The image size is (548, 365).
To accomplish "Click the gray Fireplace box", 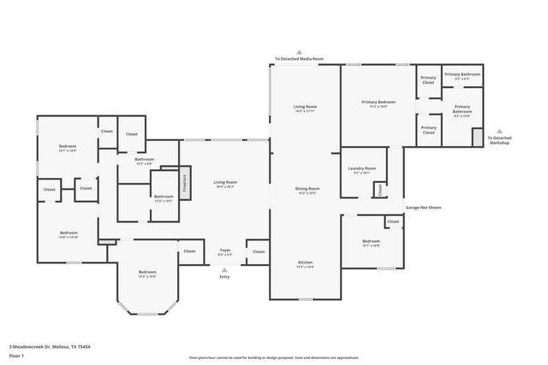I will pos(182,183).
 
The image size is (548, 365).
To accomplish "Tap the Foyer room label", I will pos(224,252).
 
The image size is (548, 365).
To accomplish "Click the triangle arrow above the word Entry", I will pos(224,269).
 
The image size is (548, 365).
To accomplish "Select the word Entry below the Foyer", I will pos(224,277).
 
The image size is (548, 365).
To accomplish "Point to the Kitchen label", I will pos(306,264).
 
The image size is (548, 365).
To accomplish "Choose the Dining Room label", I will pos(307,190).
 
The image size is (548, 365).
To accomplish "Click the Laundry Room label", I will pos(362,170).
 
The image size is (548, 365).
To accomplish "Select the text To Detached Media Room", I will pos(299,59).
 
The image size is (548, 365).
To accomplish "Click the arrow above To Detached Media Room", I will pos(299,51).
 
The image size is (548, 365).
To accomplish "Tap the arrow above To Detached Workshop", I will pos(500,131).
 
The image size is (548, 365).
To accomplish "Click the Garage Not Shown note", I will pos(423,207).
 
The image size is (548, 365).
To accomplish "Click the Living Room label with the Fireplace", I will pos(225,184).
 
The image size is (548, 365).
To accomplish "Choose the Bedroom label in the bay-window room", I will pos(146,274).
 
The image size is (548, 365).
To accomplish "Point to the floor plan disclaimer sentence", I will pos(273,357).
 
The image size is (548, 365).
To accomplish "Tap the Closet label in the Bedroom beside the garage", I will pos(392,222).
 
